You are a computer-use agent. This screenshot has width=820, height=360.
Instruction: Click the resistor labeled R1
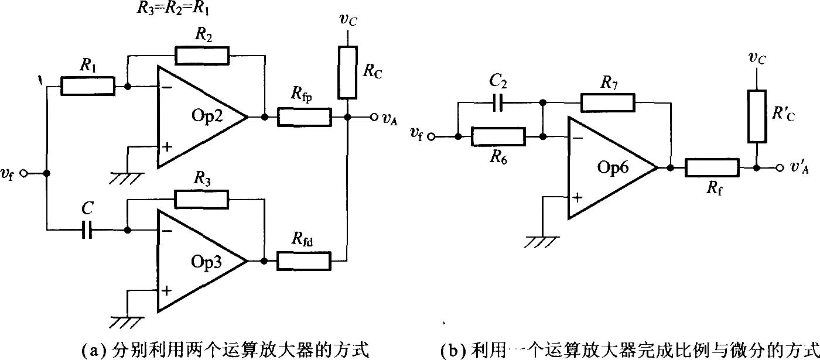(x=88, y=87)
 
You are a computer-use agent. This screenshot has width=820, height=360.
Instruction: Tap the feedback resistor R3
(x=201, y=198)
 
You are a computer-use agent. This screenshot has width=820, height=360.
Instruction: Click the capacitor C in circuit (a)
(x=88, y=231)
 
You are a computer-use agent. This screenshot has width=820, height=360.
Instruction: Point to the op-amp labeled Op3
(x=199, y=260)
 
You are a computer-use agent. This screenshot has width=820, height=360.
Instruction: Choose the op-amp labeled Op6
(x=609, y=168)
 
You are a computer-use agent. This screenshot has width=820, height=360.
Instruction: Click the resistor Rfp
(x=304, y=117)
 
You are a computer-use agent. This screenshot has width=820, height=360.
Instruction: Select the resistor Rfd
(x=304, y=260)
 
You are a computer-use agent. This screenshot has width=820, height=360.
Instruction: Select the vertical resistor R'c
(x=757, y=124)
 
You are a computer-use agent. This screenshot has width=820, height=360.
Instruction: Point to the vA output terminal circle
(x=373, y=117)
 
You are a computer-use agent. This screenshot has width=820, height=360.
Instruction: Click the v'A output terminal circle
(x=780, y=168)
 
